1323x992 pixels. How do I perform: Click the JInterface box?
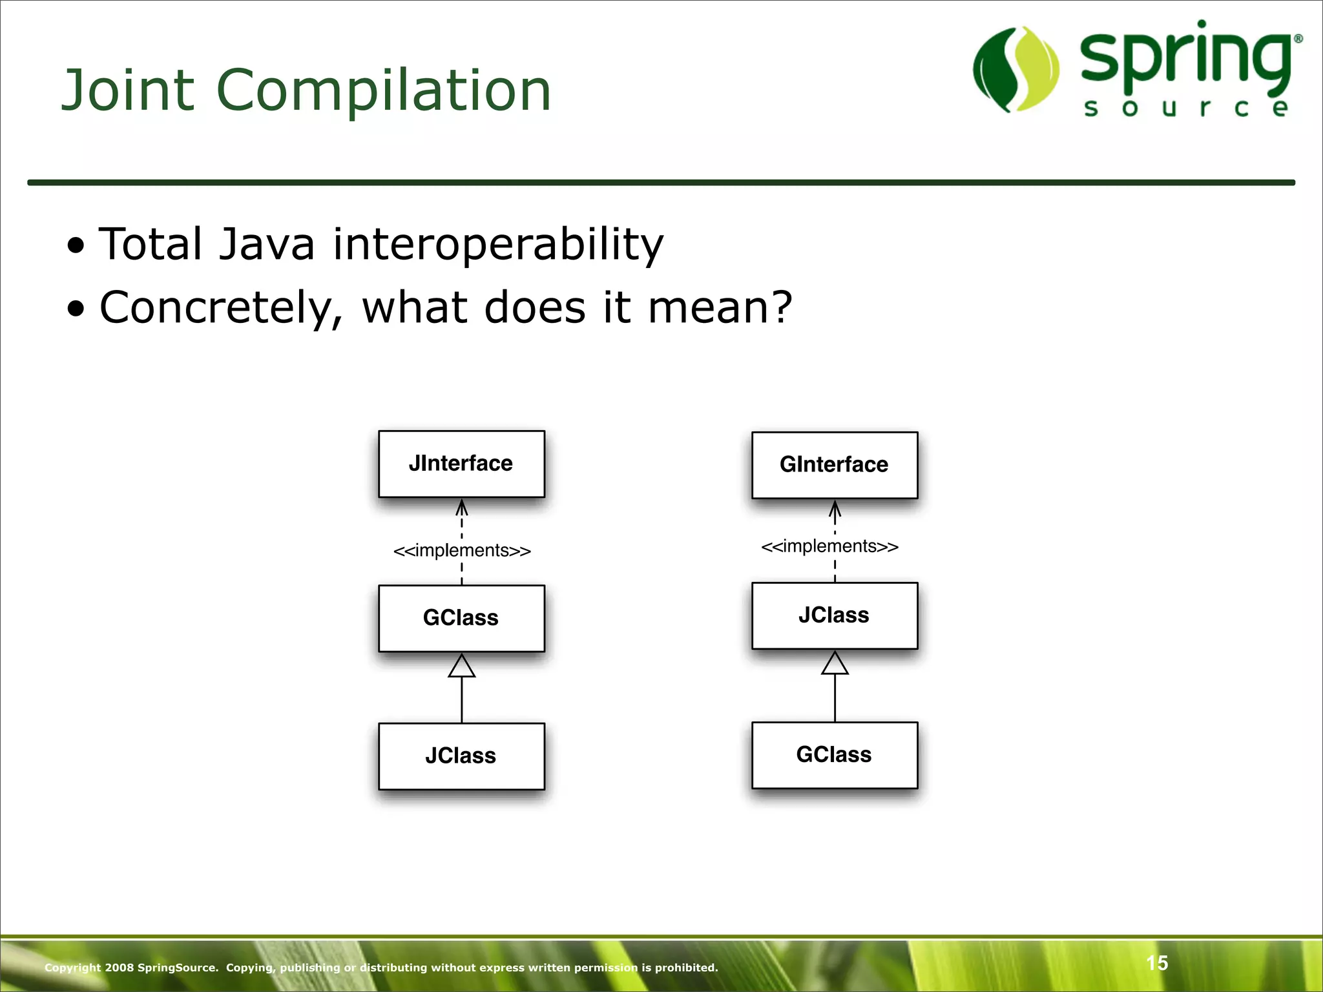coord(461,464)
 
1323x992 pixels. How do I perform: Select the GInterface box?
coord(834,465)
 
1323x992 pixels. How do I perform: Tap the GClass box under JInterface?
coord(461,618)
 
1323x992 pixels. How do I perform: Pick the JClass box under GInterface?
coord(834,615)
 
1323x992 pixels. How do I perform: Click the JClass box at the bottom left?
coord(461,756)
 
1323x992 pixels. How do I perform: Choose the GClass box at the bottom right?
coord(834,754)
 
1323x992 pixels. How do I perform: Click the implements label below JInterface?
coord(462,551)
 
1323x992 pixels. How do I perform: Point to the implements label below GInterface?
coord(829,546)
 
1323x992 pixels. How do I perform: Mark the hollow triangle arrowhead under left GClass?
coord(462,666)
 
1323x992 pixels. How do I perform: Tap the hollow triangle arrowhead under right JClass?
coord(835,663)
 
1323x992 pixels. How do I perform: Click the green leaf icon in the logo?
coord(1015,69)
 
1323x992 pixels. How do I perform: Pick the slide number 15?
coord(1157,963)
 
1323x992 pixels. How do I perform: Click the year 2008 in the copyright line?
coord(119,967)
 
